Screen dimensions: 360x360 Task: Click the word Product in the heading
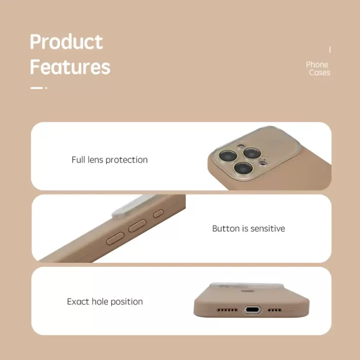(x=66, y=42)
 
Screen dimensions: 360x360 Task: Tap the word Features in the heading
(x=70, y=67)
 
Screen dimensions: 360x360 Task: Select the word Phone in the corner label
(x=317, y=64)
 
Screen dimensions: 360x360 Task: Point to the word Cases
(x=319, y=73)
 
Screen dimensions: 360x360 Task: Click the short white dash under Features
(x=37, y=88)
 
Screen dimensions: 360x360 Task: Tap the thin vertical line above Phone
(x=330, y=49)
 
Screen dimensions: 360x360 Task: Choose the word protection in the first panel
(x=127, y=160)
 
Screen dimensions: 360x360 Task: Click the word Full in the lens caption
(x=79, y=159)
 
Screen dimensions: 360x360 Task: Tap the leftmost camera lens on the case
(x=228, y=156)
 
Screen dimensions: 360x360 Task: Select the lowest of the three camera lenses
(x=243, y=168)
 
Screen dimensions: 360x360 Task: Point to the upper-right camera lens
(x=252, y=153)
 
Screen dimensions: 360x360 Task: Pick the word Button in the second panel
(x=226, y=228)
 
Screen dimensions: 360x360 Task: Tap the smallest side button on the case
(x=158, y=213)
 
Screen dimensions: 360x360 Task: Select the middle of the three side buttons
(x=137, y=226)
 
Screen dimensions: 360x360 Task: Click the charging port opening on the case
(x=253, y=310)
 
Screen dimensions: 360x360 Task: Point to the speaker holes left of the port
(x=227, y=310)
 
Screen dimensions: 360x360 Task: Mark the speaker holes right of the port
(x=275, y=310)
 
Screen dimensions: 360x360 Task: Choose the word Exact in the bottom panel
(x=78, y=301)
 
